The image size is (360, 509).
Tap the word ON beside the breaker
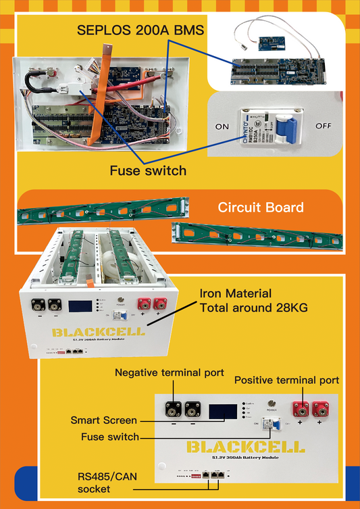pyautogui.click(x=222, y=127)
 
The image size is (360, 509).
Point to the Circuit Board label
pyautogui.click(x=261, y=208)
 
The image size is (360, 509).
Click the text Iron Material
pyautogui.click(x=236, y=294)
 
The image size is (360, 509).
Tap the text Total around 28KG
pyautogui.click(x=253, y=308)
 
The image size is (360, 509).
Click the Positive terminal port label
pyautogui.click(x=286, y=381)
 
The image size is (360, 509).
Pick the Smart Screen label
pyautogui.click(x=103, y=420)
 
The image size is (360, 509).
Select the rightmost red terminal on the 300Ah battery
pyautogui.click(x=319, y=409)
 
